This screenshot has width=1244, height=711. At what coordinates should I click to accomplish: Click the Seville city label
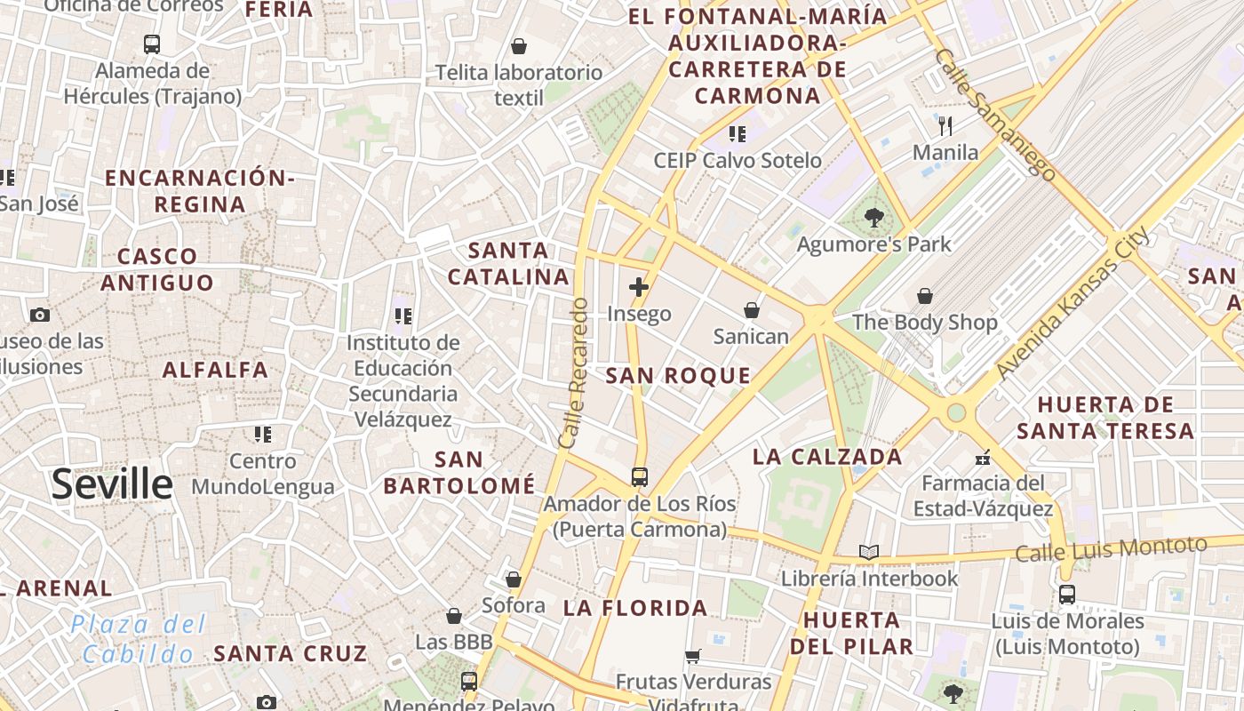click(112, 484)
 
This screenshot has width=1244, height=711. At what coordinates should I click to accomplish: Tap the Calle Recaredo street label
click(574, 373)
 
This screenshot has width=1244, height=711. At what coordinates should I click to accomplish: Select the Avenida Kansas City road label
click(1073, 304)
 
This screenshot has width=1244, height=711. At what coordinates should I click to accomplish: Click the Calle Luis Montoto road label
click(1111, 549)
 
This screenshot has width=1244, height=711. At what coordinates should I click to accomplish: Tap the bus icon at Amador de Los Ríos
click(640, 476)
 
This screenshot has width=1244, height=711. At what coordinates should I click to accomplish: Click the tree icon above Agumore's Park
click(874, 217)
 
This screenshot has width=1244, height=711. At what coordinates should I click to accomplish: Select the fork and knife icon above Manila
click(945, 125)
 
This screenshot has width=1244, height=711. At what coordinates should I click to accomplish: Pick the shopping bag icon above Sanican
click(752, 309)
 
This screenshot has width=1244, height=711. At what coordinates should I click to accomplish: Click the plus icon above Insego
click(638, 286)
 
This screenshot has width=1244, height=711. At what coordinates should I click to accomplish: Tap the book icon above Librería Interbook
click(869, 552)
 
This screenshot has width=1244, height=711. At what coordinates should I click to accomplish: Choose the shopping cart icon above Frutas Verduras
click(693, 656)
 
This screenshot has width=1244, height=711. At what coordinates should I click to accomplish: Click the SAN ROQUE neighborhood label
click(678, 376)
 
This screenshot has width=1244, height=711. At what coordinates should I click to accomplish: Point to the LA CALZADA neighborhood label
click(827, 457)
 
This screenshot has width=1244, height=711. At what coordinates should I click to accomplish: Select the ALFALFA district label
click(215, 370)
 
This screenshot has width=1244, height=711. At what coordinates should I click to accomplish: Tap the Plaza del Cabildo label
click(138, 639)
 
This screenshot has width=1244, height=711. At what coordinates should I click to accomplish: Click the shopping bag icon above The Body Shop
click(925, 295)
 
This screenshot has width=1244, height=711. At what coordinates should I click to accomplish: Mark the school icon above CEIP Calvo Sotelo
click(738, 133)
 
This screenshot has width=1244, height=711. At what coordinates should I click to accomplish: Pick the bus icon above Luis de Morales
click(1067, 594)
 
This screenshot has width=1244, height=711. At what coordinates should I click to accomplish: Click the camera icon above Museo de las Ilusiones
click(39, 315)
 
